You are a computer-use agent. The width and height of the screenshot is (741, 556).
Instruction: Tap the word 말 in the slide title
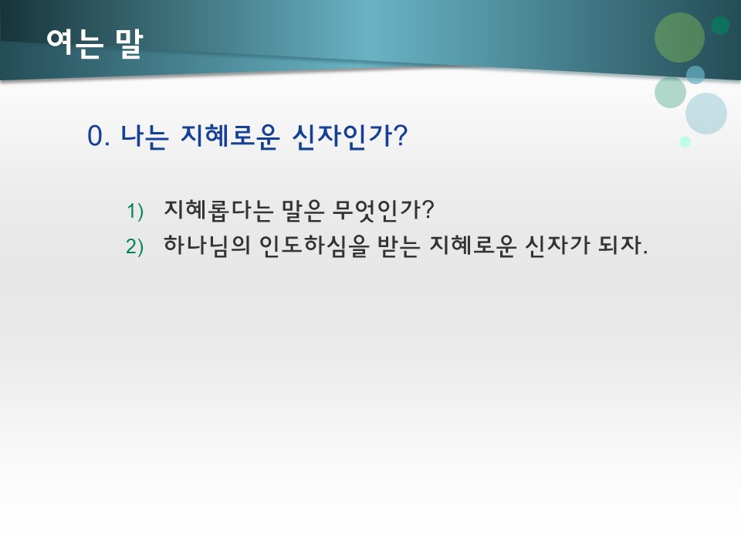127,43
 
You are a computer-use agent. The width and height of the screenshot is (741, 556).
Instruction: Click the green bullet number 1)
135,210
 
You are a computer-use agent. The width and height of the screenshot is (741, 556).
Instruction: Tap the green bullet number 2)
135,246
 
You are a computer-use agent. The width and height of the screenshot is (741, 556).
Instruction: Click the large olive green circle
679,38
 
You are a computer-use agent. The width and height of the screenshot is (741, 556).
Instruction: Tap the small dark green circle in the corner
720,25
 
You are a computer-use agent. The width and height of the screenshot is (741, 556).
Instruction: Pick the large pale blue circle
706,114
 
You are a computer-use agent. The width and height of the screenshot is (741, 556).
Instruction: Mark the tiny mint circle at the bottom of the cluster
685,141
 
